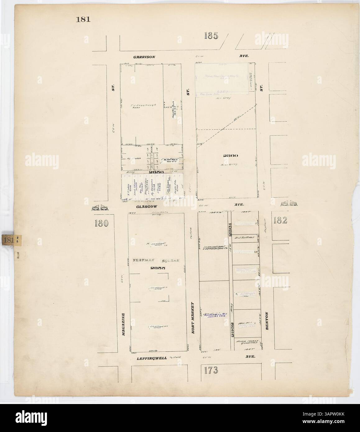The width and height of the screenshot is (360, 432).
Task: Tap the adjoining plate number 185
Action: coord(211,36)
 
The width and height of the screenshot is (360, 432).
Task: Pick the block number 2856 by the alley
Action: coord(154,171)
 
